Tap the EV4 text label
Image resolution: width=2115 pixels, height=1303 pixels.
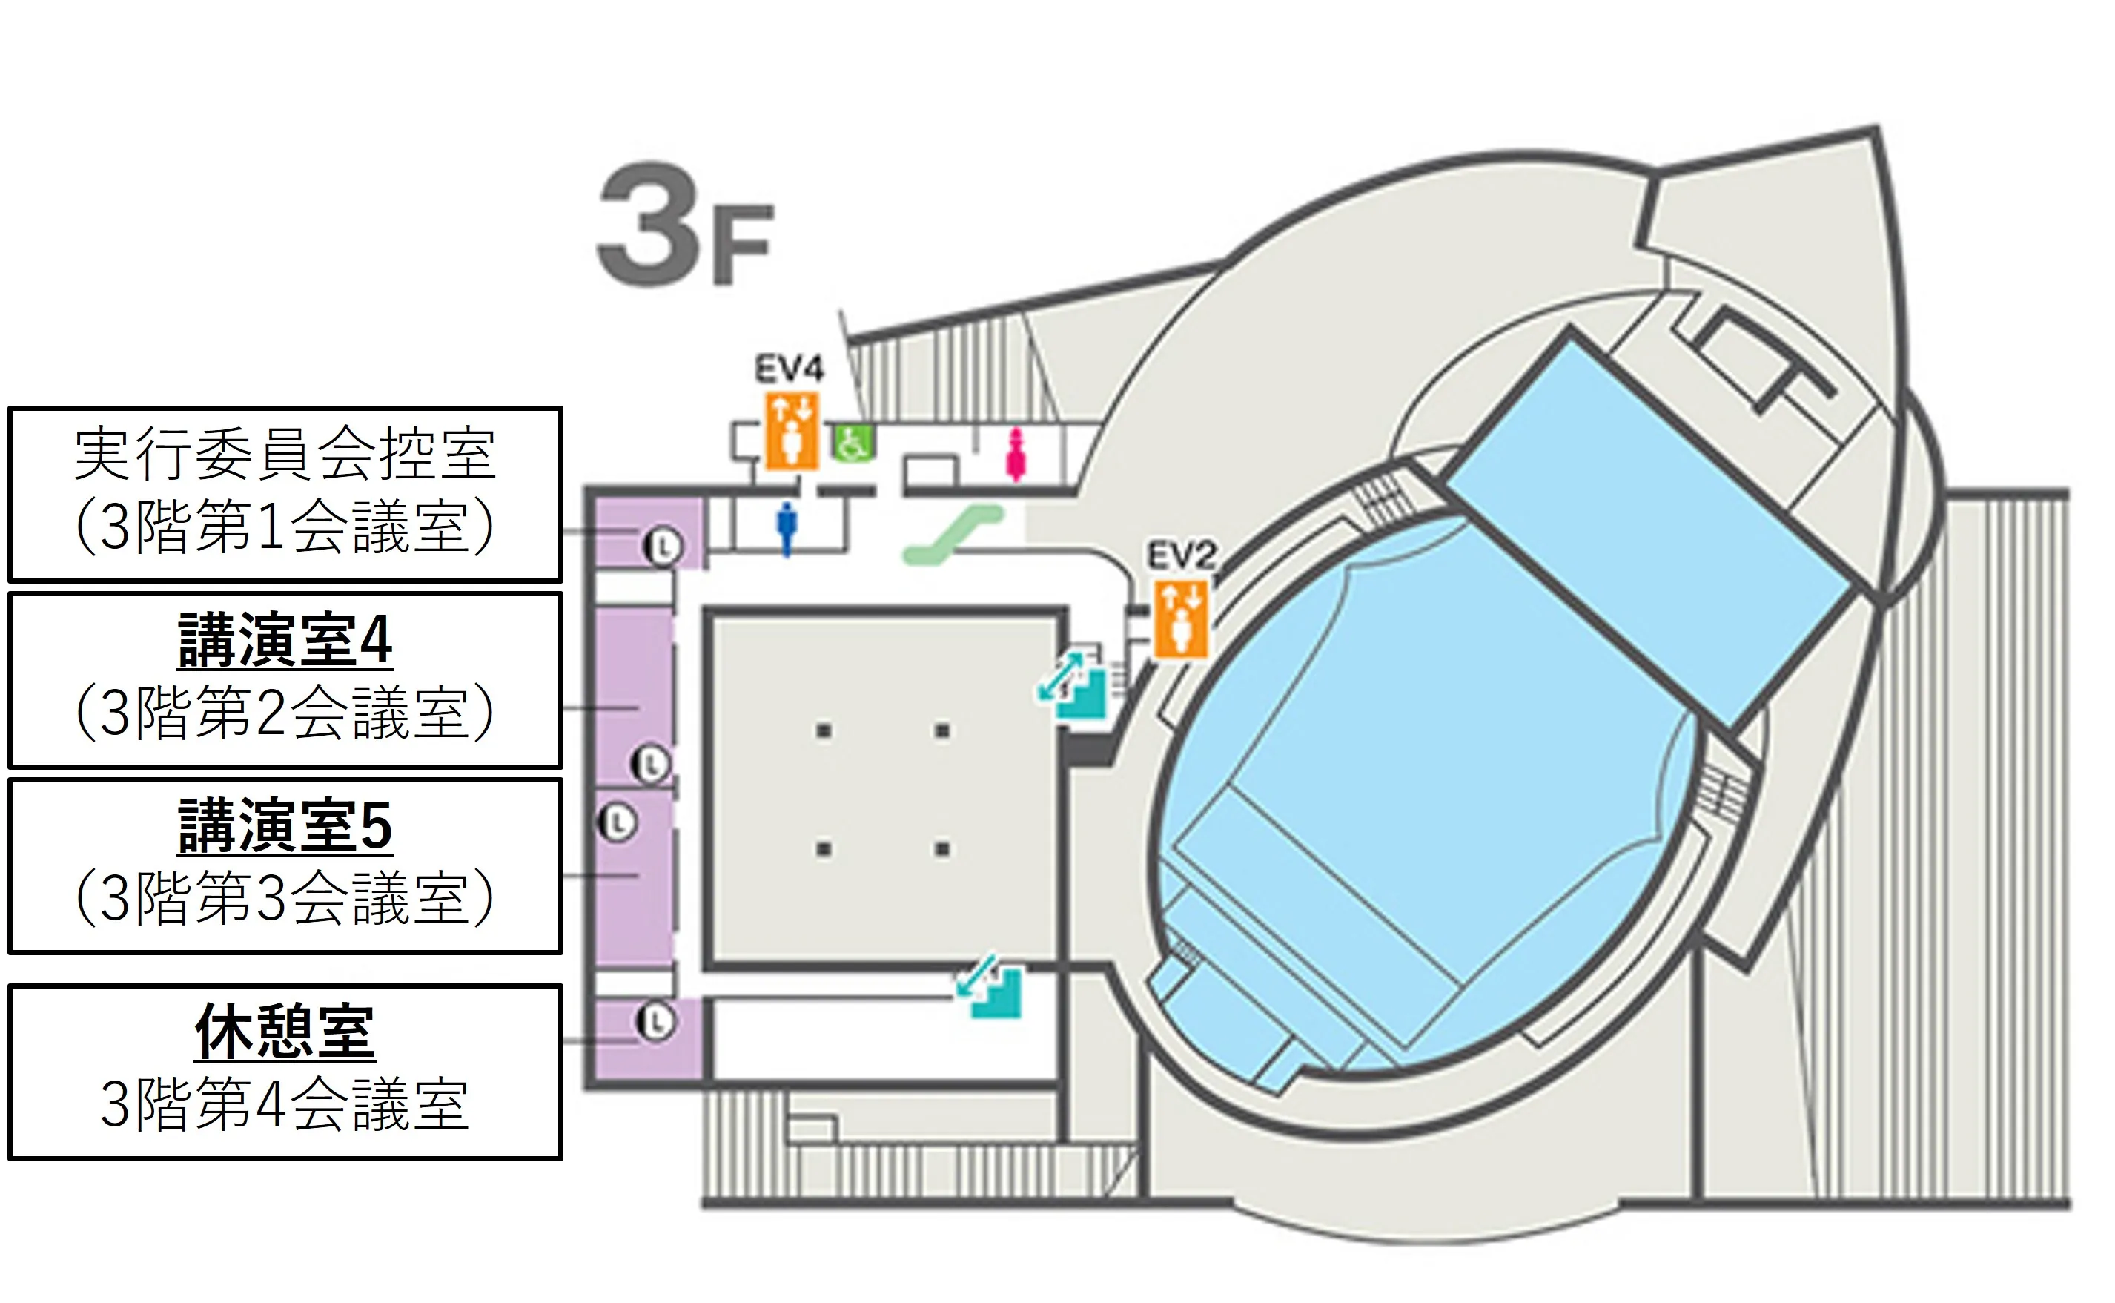click(x=790, y=369)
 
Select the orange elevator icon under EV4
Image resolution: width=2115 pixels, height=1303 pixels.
click(x=792, y=432)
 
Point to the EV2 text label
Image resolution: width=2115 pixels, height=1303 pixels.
click(x=1180, y=555)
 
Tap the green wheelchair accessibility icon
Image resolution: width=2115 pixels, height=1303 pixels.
click(x=853, y=442)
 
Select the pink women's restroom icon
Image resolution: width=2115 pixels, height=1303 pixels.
click(x=1016, y=456)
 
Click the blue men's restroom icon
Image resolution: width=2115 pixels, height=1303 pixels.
click(x=786, y=528)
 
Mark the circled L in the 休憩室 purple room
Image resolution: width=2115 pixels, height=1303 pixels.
click(x=655, y=1022)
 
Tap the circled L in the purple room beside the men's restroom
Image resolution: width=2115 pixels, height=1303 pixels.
click(x=663, y=546)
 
